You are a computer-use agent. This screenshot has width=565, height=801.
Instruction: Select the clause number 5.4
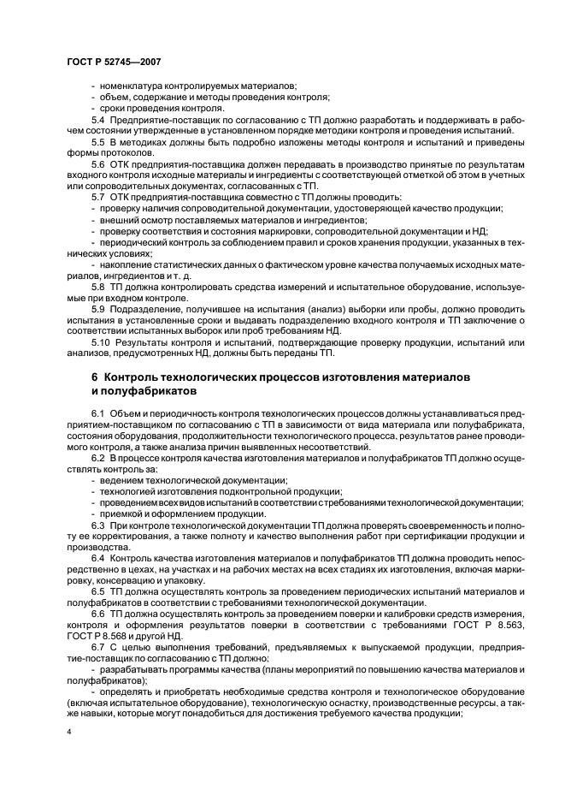coord(97,121)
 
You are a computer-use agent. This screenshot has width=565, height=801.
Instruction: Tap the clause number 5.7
coord(97,198)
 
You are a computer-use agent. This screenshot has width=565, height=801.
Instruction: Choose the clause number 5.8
coord(97,288)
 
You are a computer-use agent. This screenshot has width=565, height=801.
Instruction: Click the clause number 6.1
coord(97,413)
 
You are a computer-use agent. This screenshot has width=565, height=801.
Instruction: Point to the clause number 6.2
coord(97,459)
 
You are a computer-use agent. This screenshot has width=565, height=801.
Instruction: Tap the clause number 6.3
coord(97,525)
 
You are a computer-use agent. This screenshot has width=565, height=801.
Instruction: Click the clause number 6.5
coord(97,591)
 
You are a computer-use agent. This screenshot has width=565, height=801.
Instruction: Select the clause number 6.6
coord(97,614)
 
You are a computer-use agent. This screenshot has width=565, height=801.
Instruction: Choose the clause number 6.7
coord(97,648)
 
